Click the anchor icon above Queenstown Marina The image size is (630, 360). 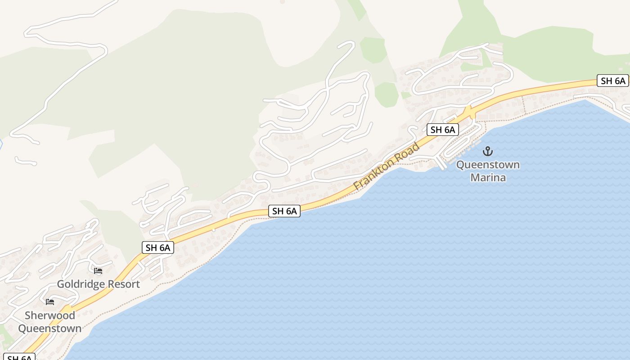pyautogui.click(x=488, y=151)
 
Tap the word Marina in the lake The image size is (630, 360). pyautogui.click(x=488, y=177)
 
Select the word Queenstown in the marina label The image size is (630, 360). pyautogui.click(x=488, y=165)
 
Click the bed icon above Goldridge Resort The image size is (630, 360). pyautogui.click(x=98, y=271)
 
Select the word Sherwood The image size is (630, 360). pyautogui.click(x=50, y=315)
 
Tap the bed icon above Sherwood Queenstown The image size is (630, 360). pyautogui.click(x=50, y=301)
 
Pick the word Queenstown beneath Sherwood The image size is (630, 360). pyautogui.click(x=50, y=328)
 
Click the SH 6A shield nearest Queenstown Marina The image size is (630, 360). pyautogui.click(x=443, y=130)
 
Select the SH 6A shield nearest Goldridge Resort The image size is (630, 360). pyautogui.click(x=158, y=247)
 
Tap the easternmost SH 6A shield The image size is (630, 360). pyautogui.click(x=613, y=81)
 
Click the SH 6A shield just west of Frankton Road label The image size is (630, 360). pyautogui.click(x=284, y=211)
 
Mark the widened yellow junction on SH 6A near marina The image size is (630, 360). pyautogui.click(x=470, y=111)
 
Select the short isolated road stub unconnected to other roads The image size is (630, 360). pyautogui.click(x=25, y=161)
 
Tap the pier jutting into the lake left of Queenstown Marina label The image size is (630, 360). pyautogui.click(x=441, y=163)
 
